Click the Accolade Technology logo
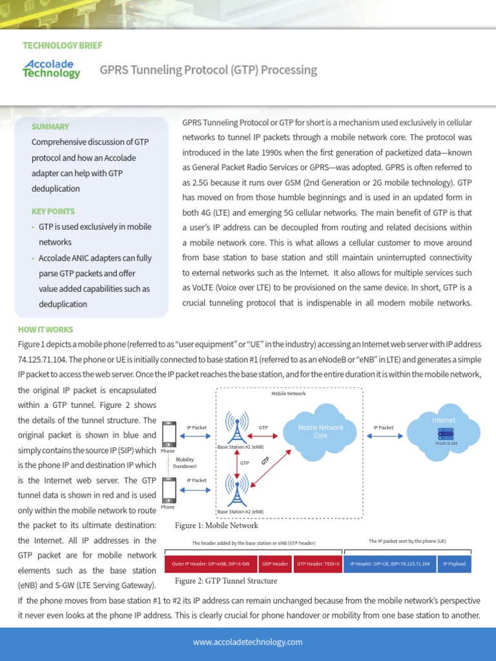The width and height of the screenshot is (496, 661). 52,68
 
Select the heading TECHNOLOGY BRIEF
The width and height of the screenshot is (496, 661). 62,46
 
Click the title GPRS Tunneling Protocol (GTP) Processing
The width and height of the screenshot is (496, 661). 208,70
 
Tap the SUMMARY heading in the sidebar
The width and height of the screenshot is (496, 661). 50,127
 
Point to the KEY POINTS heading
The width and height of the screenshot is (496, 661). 53,211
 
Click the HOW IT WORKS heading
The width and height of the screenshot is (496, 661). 45,330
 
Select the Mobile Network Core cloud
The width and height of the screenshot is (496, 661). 320,432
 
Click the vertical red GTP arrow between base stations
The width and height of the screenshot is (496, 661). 238,463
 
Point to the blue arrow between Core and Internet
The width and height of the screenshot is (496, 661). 384,437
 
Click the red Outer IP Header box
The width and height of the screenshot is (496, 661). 211,564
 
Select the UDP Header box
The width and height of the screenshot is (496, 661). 275,564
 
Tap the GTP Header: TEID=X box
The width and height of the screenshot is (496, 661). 318,564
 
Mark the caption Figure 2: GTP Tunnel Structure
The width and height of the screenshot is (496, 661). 225,581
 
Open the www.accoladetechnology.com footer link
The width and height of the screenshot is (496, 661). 248,642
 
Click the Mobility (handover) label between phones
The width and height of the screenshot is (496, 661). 185,463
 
